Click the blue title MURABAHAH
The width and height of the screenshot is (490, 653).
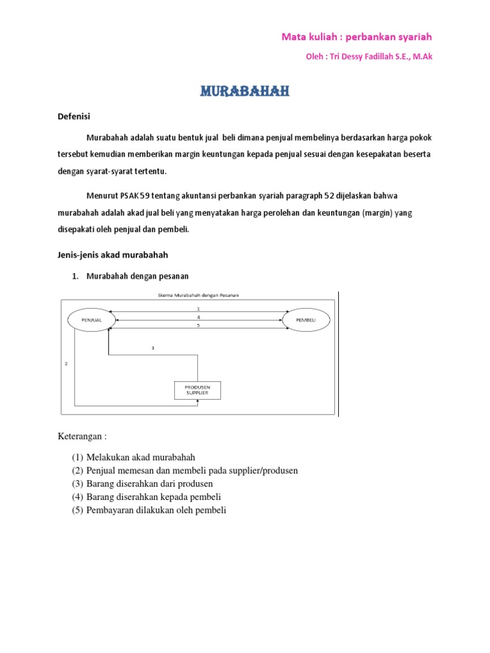click(245, 92)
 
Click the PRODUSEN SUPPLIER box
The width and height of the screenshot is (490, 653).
click(198, 390)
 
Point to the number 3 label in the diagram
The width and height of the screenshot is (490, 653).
click(153, 348)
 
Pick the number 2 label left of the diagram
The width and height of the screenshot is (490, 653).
click(66, 363)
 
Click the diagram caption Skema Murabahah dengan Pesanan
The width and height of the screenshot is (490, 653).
click(198, 295)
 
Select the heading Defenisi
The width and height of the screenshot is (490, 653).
click(74, 116)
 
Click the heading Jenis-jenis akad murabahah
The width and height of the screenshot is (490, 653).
click(113, 255)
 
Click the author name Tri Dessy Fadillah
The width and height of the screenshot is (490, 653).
click(364, 57)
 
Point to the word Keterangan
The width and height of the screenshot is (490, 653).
click(80, 437)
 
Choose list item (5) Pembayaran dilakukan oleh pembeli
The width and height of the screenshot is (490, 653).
click(149, 510)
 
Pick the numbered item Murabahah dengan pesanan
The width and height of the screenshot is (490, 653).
click(137, 276)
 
